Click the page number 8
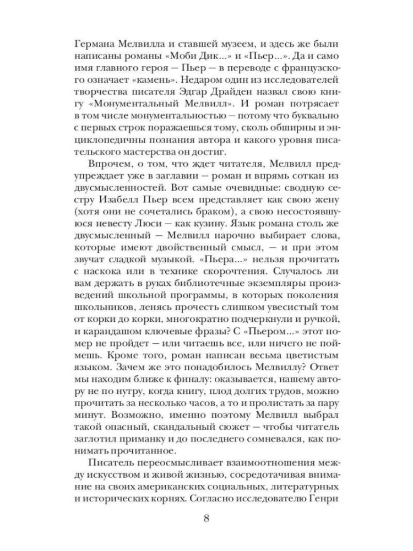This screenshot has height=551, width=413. (206, 520)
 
